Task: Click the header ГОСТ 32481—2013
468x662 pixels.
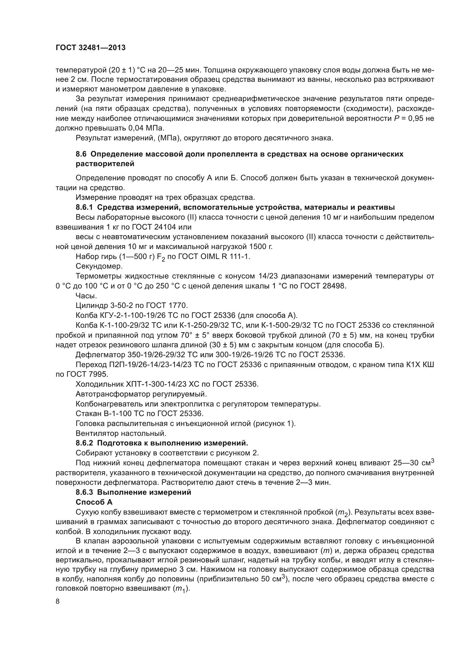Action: point(91,48)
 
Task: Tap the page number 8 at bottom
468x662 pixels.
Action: point(58,601)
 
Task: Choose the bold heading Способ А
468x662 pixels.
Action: point(94,502)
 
